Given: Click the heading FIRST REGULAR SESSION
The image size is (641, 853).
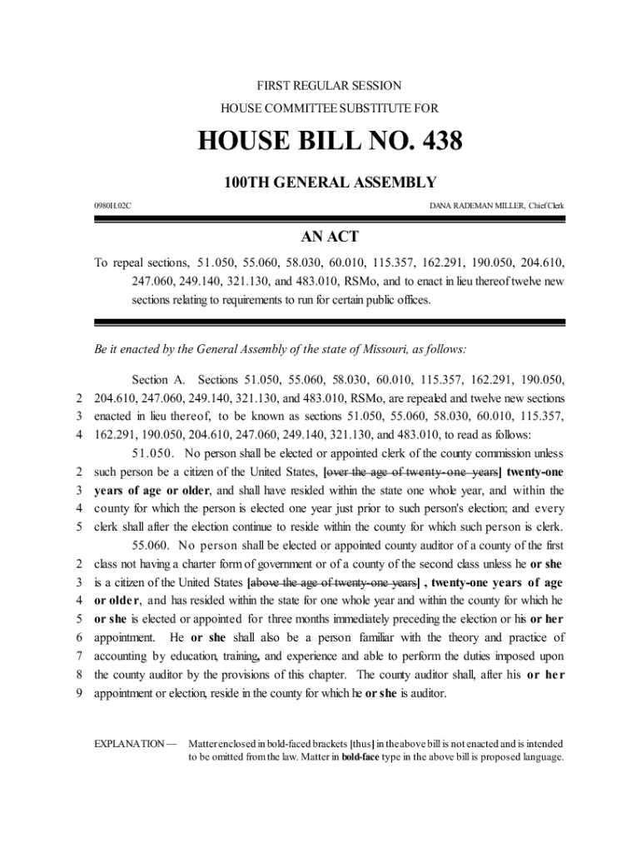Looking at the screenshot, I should tap(329, 86).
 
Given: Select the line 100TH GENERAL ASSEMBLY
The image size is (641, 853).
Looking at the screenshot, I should tap(329, 183).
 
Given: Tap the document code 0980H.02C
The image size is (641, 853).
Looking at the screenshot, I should tap(112, 205).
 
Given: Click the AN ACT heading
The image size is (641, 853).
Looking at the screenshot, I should tap(329, 237).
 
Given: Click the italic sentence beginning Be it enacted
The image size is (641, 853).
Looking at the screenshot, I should tap(281, 349).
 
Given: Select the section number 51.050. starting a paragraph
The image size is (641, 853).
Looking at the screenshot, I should tap(153, 454).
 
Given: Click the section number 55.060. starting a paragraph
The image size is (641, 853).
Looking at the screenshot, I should tap(153, 546).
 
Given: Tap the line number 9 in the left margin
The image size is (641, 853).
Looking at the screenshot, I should tap(80, 692).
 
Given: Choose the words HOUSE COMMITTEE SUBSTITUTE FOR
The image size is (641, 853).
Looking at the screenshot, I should tap(329, 108).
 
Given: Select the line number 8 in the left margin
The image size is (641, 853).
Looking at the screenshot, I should tap(80, 674).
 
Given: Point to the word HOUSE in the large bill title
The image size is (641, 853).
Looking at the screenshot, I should tap(241, 142).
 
